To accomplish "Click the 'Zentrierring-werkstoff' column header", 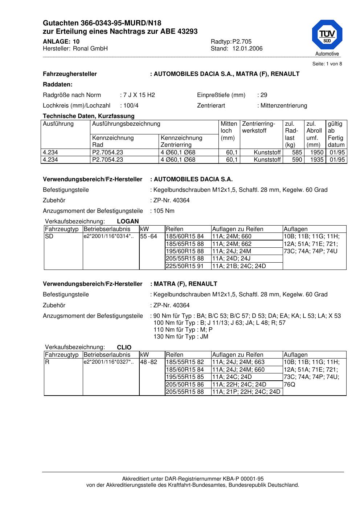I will click(x=258, y=127).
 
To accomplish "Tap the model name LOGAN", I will click(x=128, y=221).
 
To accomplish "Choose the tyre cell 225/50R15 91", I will click(x=185, y=266).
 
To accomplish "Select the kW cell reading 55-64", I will click(x=148, y=236).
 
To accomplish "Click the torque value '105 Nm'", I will click(x=164, y=211).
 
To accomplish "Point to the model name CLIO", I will click(x=124, y=347).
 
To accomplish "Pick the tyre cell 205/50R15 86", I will click(x=185, y=384).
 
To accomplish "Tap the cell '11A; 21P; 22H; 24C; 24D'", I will click(x=246, y=392).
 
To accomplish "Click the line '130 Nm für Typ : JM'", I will click(x=181, y=336).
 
